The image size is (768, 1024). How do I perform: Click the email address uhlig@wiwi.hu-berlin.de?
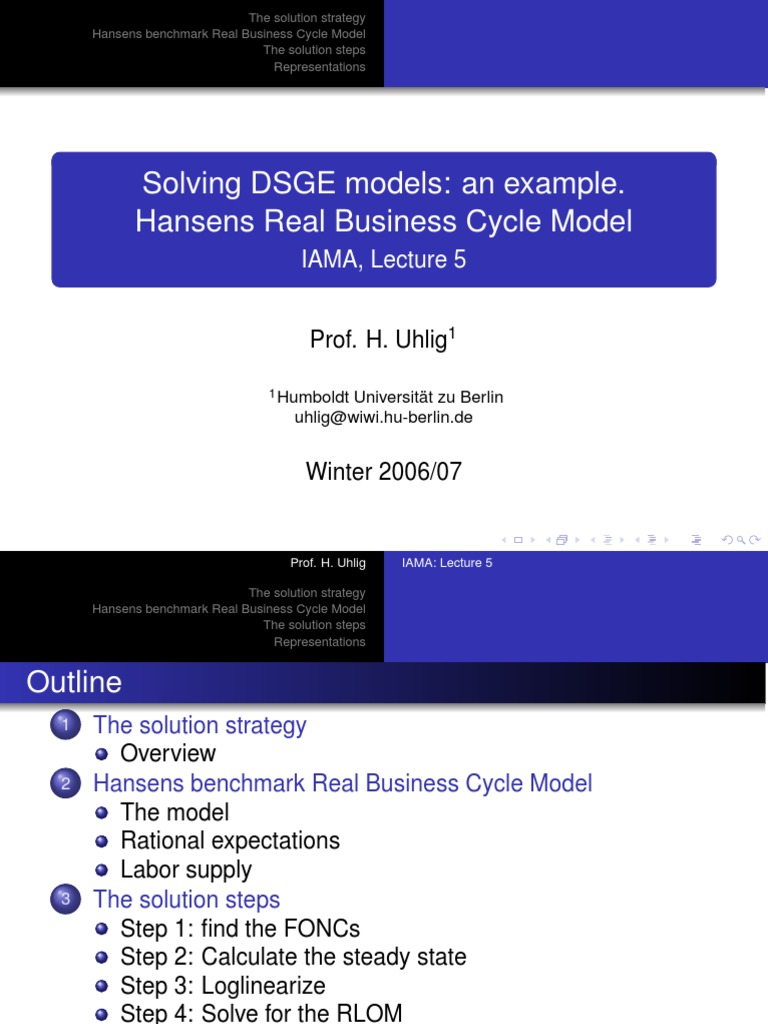383,418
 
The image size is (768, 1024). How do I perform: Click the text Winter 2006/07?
383,471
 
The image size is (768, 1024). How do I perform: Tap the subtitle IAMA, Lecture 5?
384,260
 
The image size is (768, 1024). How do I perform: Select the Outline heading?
74,683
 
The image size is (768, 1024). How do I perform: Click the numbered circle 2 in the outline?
62,785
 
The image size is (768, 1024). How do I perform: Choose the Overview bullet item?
168,753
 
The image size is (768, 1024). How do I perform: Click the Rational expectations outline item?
230,841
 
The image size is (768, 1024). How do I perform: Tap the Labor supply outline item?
186,870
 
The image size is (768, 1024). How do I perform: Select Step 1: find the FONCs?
240,928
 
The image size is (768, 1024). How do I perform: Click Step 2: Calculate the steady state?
293,957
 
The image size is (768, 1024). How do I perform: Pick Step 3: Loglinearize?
223,986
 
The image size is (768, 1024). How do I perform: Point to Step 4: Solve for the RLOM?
261,1014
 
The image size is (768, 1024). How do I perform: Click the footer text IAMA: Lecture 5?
447,563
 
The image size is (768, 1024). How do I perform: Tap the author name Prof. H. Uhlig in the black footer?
328,563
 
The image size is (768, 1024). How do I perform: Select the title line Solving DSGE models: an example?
383,184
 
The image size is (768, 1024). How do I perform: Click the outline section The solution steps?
186,899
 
